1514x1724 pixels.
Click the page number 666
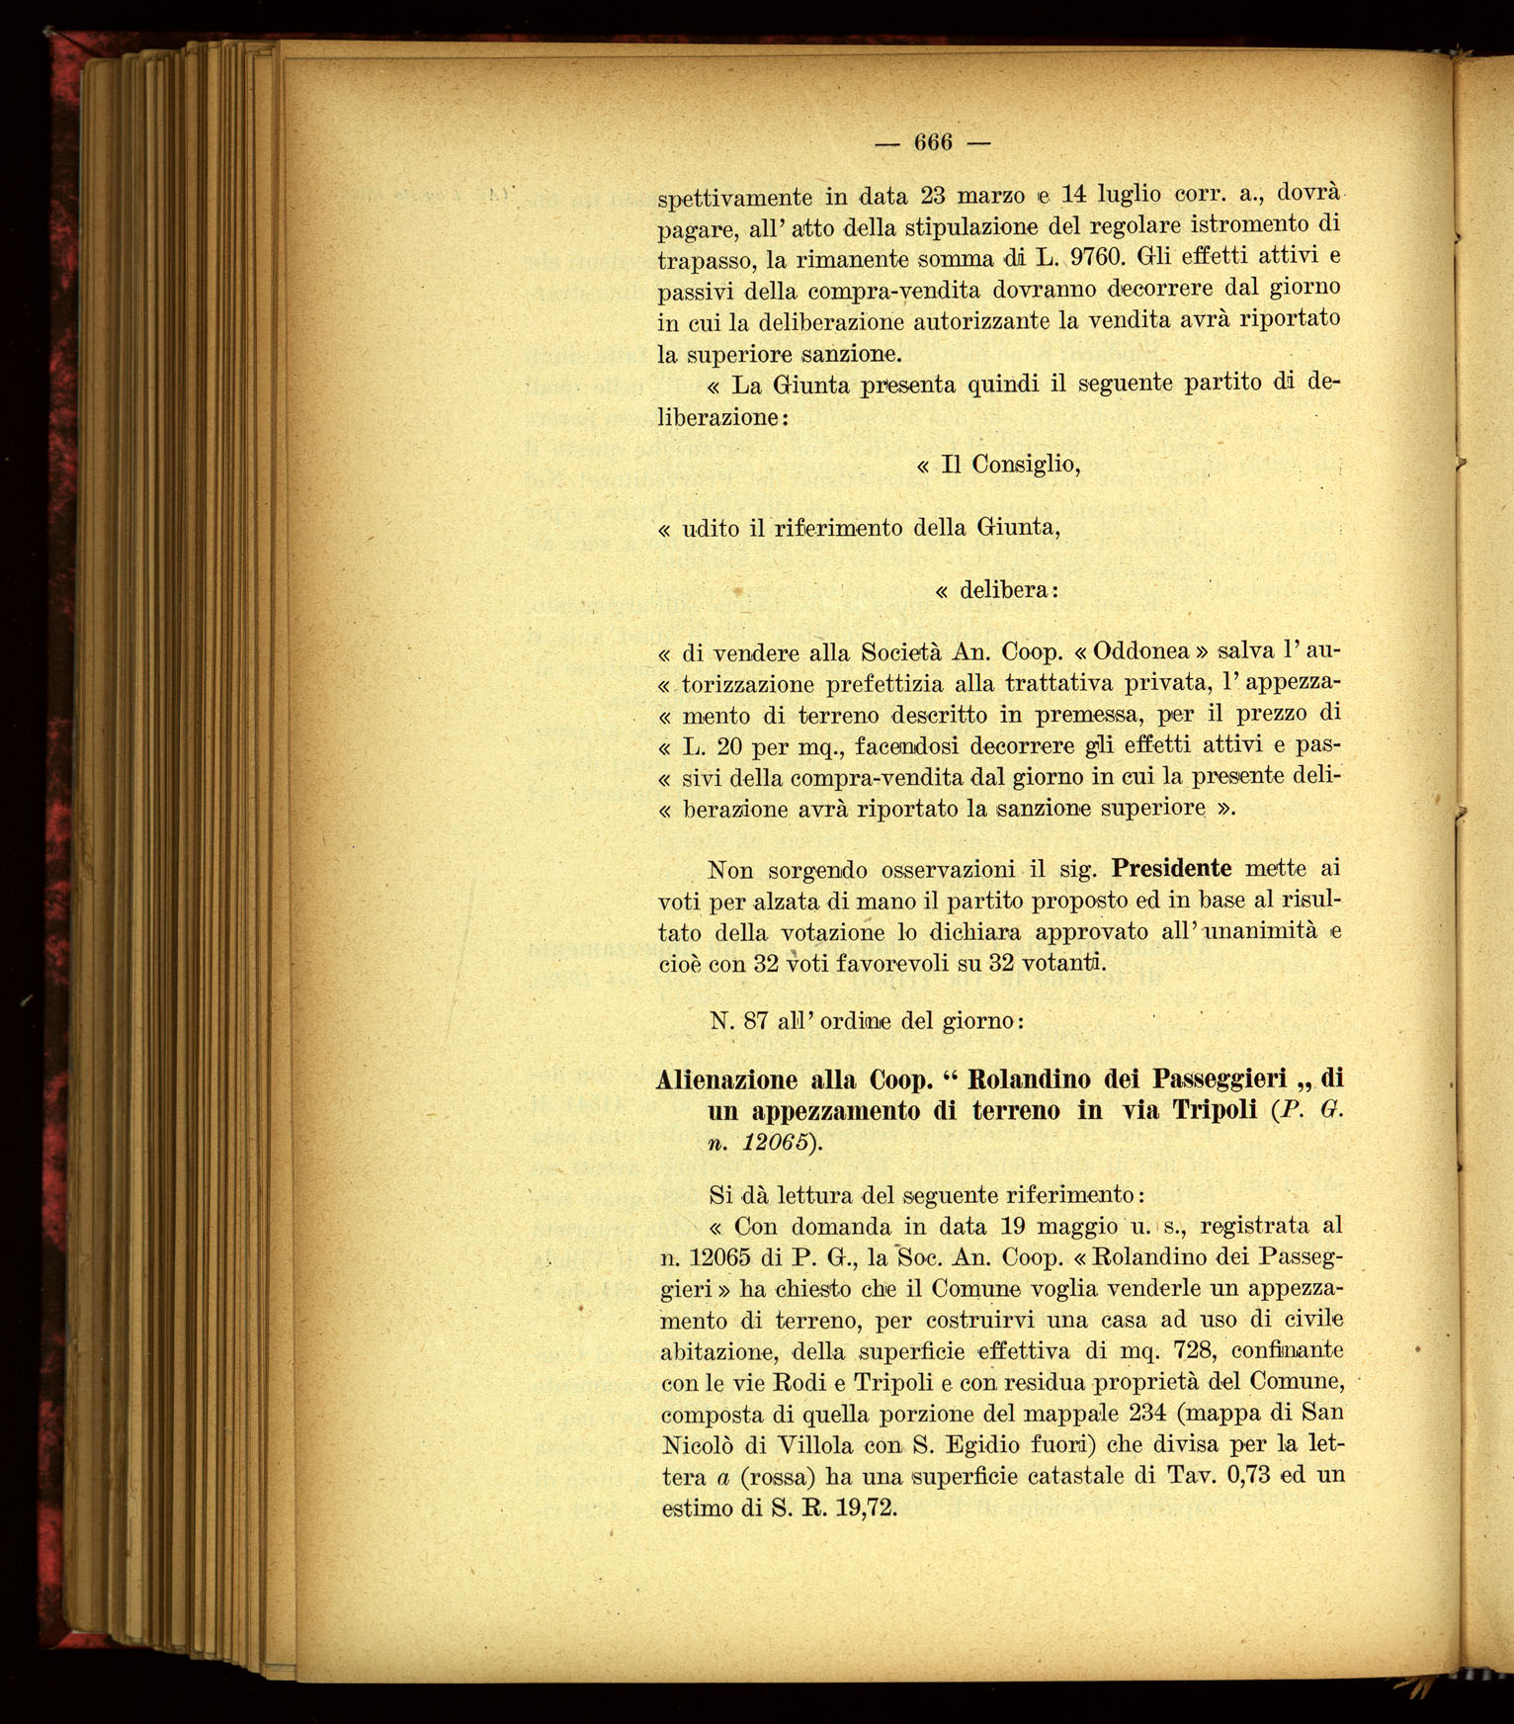tap(932, 142)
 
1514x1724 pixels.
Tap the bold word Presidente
tap(1171, 869)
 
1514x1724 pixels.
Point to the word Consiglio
tap(1024, 464)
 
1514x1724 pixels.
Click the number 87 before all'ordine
tap(756, 1021)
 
